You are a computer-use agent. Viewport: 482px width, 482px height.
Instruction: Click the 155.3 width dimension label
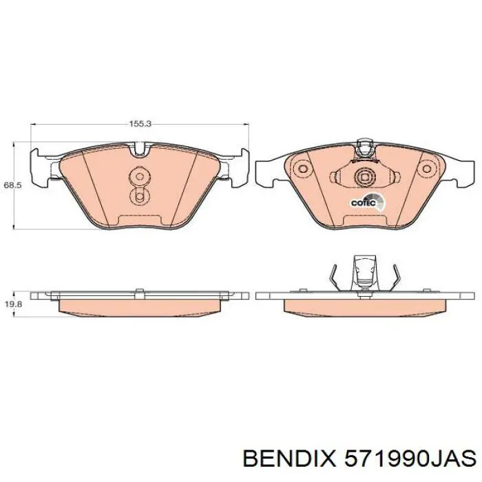click(x=140, y=124)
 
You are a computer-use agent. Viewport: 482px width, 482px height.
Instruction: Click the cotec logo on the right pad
click(x=364, y=202)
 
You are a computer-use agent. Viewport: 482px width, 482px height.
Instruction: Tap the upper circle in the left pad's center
click(x=140, y=176)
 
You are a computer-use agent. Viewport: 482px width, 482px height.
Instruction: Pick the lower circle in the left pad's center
click(x=140, y=198)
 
